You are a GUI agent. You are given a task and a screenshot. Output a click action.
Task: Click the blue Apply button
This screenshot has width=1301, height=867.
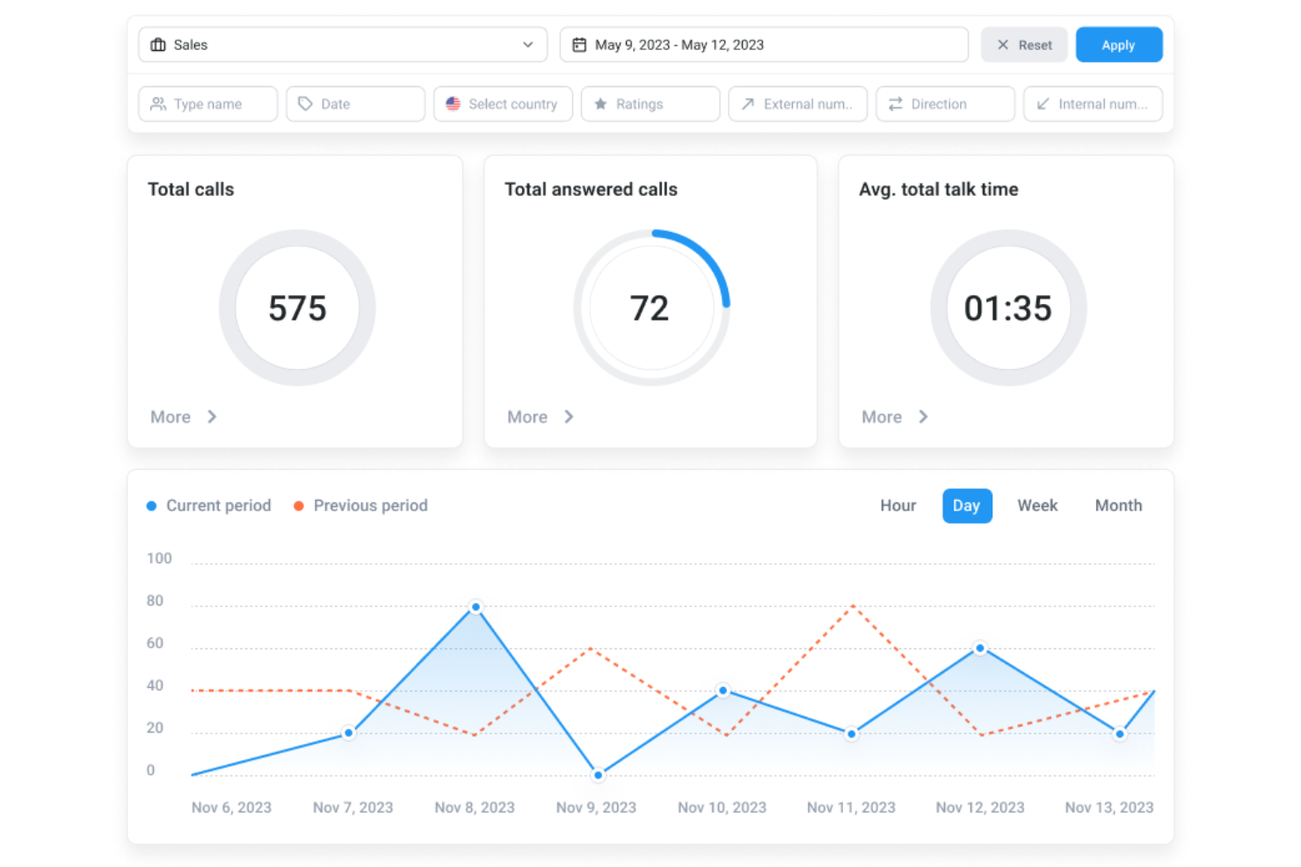(1118, 45)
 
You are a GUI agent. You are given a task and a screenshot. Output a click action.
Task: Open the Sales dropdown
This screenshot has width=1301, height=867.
(342, 45)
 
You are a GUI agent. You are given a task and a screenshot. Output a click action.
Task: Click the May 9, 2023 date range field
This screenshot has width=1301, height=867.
(763, 45)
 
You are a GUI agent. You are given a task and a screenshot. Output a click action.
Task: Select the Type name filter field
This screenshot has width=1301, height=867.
(207, 104)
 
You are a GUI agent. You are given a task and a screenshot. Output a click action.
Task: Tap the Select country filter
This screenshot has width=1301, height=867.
(503, 104)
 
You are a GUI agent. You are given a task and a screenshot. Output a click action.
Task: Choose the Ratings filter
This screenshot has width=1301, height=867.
(650, 104)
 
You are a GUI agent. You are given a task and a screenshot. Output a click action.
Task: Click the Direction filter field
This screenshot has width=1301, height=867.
(944, 104)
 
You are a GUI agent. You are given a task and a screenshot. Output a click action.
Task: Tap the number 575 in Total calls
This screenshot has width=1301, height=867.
(297, 308)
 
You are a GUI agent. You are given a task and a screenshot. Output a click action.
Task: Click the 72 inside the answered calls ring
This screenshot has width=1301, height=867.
(650, 308)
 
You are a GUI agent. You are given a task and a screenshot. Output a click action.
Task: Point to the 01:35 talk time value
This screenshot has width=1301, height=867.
(1007, 308)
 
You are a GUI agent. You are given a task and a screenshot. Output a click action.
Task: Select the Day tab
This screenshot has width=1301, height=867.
(966, 506)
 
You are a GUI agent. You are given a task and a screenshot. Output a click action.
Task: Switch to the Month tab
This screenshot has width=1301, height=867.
(1118, 506)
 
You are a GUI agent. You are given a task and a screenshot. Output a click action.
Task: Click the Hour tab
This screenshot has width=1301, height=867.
(898, 506)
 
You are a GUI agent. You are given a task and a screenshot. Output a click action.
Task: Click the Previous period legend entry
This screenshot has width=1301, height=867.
(369, 506)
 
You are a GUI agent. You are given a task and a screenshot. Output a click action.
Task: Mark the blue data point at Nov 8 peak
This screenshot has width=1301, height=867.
(476, 607)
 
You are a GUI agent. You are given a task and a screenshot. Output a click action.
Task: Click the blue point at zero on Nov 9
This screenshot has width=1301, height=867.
(598, 775)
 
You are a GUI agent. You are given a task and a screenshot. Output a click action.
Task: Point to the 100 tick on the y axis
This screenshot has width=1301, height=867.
(159, 559)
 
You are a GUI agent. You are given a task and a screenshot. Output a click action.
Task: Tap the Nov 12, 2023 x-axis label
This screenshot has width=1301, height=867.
(979, 807)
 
